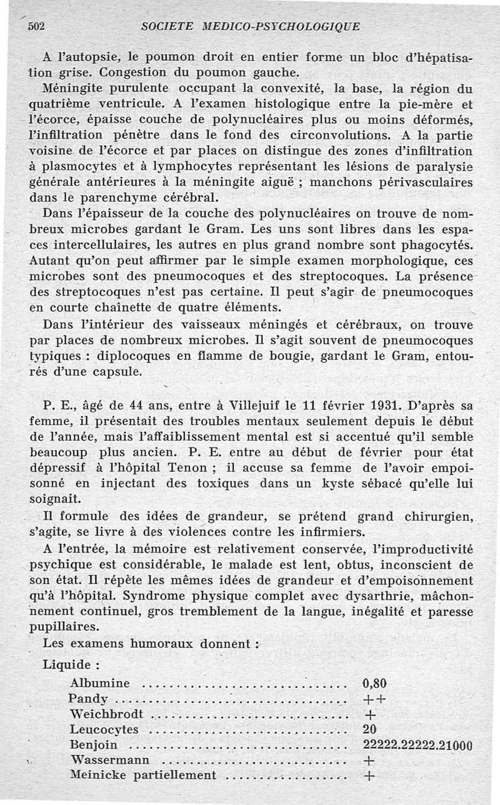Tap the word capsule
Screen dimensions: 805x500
click(120, 371)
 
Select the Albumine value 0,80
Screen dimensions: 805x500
click(375, 683)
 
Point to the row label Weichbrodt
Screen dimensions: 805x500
click(107, 714)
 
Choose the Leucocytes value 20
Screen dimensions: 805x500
click(369, 729)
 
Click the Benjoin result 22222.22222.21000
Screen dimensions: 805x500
click(417, 745)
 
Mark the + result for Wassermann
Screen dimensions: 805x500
click(369, 761)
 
